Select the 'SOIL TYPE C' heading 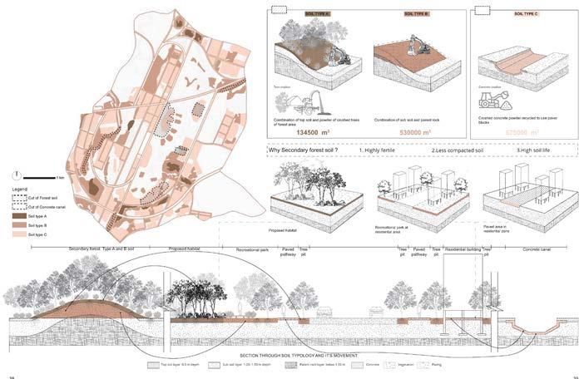(526, 14)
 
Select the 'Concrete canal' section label (532, 249)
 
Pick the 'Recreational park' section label (250, 249)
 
